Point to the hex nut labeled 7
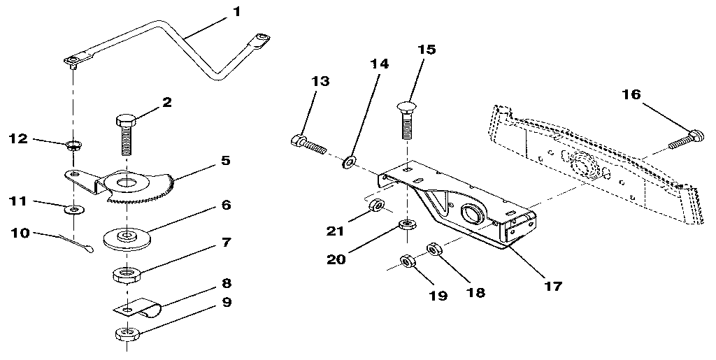pyautogui.click(x=127, y=272)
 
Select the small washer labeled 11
pyautogui.click(x=73, y=208)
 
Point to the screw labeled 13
pyautogui.click(x=307, y=145)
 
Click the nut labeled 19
pyautogui.click(x=405, y=261)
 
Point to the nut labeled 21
pyautogui.click(x=375, y=206)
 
